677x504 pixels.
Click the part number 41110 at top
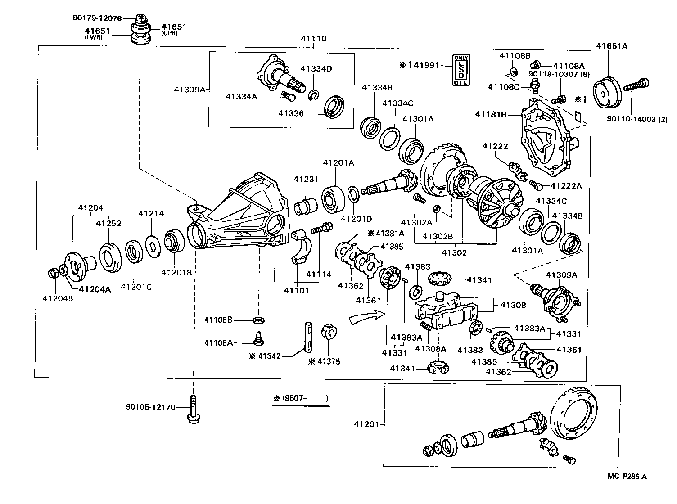tap(314, 39)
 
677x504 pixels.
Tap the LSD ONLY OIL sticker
tap(460, 71)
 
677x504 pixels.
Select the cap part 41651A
tap(606, 92)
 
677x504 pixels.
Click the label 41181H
tap(491, 114)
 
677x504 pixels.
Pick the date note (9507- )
tap(300, 398)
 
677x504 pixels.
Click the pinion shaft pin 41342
tap(308, 336)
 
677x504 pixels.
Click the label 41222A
tap(566, 186)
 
